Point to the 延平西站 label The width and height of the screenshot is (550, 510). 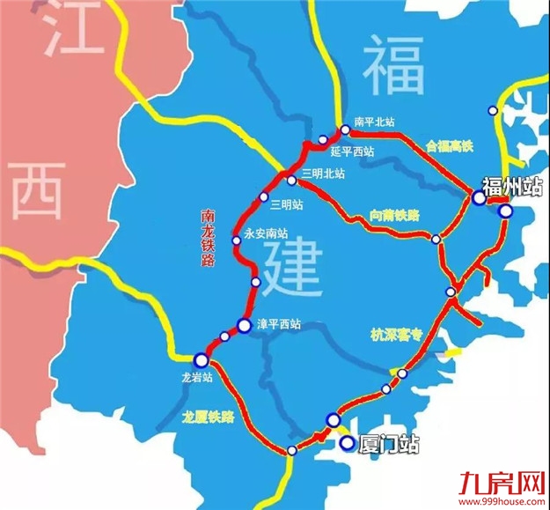[353, 152]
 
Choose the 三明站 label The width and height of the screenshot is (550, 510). [287, 205]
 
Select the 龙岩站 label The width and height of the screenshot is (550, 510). [192, 377]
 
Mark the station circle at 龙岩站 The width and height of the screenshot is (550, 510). [202, 358]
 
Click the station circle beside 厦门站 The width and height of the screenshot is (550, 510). [348, 443]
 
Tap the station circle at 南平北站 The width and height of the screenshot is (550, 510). [345, 129]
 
